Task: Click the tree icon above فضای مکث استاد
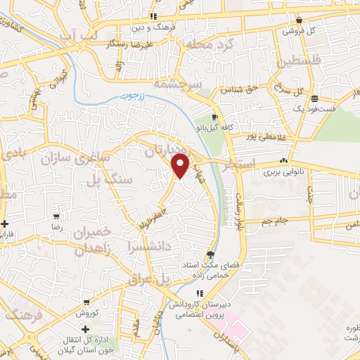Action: tap(210, 255)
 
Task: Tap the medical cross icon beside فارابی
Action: tap(5, 224)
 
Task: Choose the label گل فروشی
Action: tap(297, 31)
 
